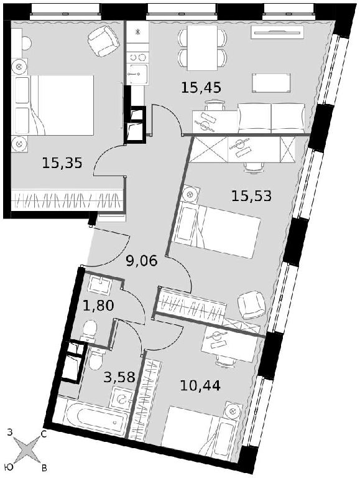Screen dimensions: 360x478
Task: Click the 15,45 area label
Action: [x=201, y=88]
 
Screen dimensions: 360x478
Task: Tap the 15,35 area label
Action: [x=62, y=163]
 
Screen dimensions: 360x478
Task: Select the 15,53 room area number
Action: [x=251, y=195]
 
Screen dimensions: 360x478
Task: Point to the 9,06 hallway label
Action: [x=142, y=261]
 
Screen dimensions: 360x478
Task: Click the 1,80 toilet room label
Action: [x=98, y=305]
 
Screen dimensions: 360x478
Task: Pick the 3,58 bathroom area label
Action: [x=119, y=377]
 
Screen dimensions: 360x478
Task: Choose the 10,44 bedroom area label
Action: [x=200, y=386]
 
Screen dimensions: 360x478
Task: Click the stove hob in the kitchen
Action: [x=137, y=57]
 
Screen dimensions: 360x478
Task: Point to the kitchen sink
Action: [x=137, y=74]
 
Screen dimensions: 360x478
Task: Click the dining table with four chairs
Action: [x=202, y=47]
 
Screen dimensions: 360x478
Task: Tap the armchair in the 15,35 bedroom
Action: [x=103, y=41]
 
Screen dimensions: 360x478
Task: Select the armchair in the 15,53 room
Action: [x=252, y=305]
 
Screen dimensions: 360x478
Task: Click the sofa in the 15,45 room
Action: [x=271, y=118]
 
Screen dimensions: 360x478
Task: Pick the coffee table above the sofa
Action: [x=271, y=83]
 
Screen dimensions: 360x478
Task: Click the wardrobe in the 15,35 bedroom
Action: [x=67, y=199]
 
